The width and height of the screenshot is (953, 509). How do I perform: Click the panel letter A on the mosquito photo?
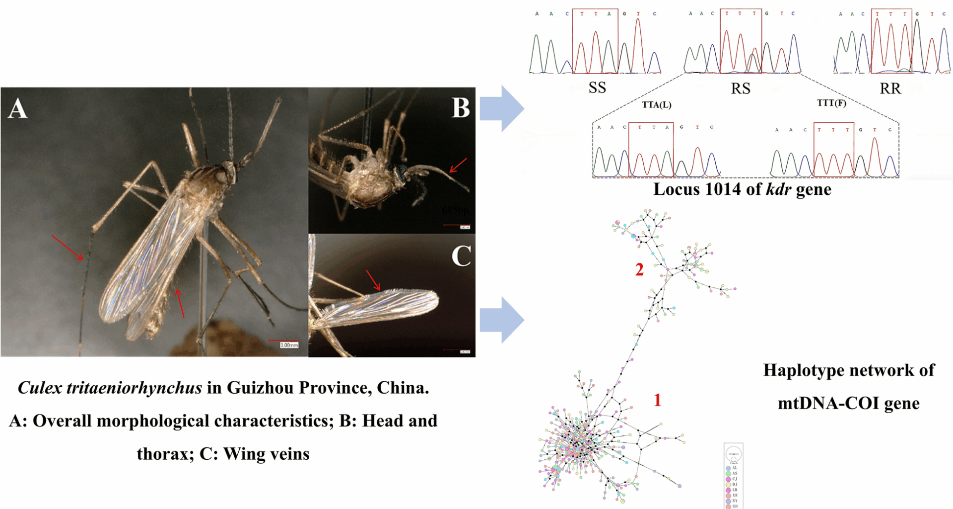17,108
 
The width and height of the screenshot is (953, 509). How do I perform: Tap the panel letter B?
461,107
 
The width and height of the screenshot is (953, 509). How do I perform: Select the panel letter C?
461,255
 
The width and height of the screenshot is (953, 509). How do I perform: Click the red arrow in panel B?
458,165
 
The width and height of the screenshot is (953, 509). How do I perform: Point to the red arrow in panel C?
373,280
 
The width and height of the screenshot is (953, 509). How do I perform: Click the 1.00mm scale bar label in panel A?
289,345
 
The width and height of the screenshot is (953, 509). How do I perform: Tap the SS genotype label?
597,88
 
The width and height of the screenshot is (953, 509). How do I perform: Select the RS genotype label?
741,88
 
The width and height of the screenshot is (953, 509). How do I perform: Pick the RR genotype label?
890,88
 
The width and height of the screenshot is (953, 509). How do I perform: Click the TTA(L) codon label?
656,105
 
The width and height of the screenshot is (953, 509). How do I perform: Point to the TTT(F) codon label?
831,103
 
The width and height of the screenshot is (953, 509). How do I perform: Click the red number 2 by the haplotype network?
639,270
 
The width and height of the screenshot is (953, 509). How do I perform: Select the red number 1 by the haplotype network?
657,400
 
